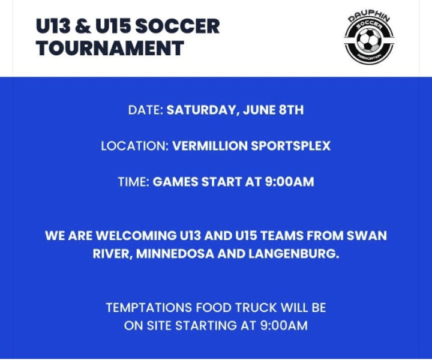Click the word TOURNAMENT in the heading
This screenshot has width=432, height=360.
[110, 48]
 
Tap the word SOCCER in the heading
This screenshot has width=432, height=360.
[178, 26]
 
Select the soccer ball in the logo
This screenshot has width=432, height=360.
[369, 40]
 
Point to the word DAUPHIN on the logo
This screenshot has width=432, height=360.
[369, 17]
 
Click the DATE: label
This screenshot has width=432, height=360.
[146, 110]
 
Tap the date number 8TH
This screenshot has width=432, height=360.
[292, 110]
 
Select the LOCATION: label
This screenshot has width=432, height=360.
[135, 146]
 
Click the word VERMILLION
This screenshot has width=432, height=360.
[210, 146]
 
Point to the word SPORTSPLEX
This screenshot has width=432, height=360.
[290, 146]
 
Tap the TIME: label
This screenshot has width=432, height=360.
[134, 182]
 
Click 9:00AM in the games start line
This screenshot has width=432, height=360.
[290, 182]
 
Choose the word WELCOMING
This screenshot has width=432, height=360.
[136, 236]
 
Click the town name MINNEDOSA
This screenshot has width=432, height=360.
[175, 254]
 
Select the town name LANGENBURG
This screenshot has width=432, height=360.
[293, 254]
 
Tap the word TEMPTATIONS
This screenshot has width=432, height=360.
[149, 308]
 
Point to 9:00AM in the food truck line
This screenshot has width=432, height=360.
[284, 326]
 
